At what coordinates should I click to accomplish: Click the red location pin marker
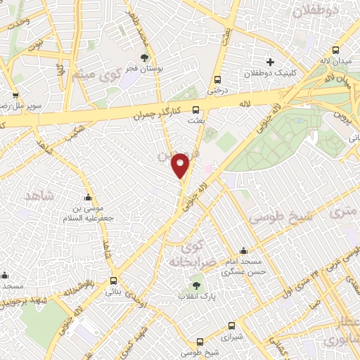181,166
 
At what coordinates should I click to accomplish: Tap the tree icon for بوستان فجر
145,58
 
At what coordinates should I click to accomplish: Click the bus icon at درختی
217,79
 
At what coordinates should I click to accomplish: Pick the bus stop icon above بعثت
196,110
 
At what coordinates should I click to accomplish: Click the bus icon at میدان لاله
335,51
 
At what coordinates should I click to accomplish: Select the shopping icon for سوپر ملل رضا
15,94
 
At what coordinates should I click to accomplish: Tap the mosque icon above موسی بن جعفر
87,198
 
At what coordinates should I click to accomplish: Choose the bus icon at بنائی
114,280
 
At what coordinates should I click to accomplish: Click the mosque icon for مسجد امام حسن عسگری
243,251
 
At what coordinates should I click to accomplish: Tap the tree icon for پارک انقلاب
196,286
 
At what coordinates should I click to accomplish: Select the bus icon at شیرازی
232,326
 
